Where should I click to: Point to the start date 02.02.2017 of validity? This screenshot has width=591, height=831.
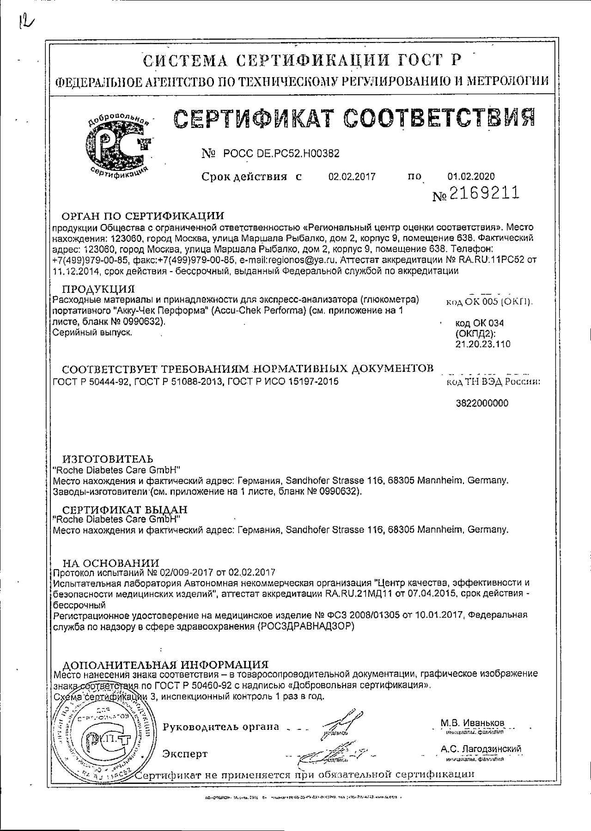352,176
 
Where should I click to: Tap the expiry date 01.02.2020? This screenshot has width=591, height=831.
471,176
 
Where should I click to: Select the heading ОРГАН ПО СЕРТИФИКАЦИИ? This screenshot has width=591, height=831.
143,216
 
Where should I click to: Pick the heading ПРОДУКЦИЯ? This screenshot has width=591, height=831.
98,290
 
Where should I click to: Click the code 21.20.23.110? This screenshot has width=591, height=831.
483,344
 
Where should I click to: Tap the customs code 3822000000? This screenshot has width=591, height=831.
482,403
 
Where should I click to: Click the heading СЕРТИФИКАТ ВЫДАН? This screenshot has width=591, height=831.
125,510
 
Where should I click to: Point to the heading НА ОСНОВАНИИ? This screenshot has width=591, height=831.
110,563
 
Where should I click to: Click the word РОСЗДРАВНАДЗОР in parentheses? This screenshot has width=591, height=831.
305,627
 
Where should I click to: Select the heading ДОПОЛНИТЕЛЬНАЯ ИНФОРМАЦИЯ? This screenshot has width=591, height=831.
165,665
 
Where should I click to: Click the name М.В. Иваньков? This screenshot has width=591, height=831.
473,723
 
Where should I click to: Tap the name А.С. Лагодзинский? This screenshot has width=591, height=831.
481,749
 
